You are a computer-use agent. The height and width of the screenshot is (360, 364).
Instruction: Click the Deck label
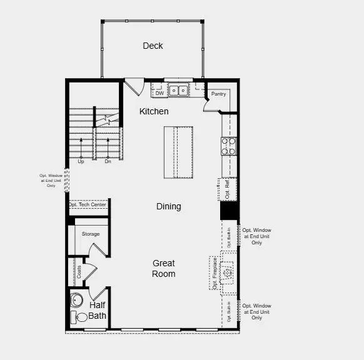[153, 46]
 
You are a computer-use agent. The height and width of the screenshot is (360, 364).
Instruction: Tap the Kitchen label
[154, 111]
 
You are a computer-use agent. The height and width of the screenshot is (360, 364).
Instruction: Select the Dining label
[168, 206]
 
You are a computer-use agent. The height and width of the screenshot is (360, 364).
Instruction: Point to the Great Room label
[163, 268]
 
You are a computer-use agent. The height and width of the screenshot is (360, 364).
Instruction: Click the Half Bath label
[98, 311]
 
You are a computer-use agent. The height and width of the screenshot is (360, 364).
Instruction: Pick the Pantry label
[218, 94]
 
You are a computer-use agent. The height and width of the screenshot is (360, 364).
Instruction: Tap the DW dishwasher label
[159, 94]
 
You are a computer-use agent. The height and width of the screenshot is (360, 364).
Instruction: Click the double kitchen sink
[178, 90]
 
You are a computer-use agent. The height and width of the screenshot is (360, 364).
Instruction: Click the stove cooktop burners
[228, 146]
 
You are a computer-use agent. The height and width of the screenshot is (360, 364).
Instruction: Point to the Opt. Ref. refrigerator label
[228, 190]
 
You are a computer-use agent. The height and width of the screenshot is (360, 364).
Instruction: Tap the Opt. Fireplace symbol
[228, 272]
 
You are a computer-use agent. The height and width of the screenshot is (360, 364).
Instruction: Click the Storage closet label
[91, 234]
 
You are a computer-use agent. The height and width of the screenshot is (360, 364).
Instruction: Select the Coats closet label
[79, 271]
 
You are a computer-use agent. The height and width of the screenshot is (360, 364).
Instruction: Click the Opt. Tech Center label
[88, 204]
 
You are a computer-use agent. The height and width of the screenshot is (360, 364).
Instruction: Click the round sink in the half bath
[77, 299]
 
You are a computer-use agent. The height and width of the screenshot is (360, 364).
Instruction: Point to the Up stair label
[81, 161]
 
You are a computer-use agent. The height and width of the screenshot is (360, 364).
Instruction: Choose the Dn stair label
[108, 161]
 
